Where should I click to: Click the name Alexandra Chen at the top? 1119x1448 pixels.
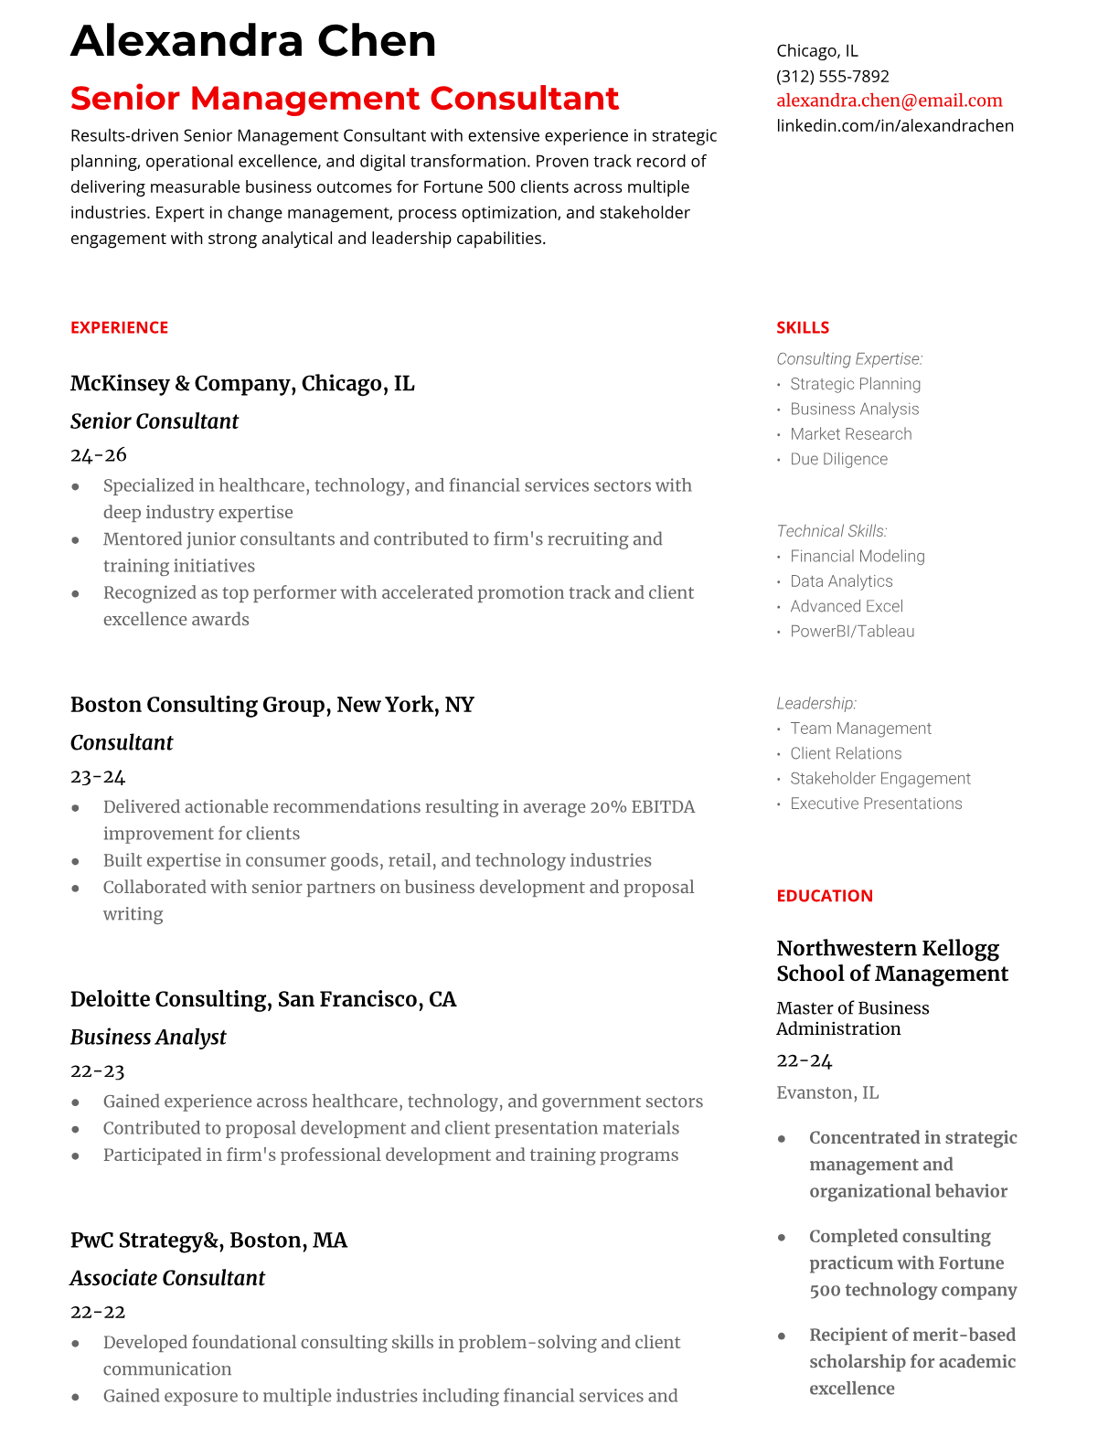(x=253, y=41)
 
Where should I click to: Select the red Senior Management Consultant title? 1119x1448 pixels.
(x=345, y=98)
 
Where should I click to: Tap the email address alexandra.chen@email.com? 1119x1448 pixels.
(x=889, y=101)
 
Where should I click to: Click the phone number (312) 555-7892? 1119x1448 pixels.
(x=832, y=76)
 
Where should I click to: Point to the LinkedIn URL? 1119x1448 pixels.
(x=894, y=125)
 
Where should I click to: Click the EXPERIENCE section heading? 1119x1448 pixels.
(x=119, y=327)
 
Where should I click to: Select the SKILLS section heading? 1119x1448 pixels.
(x=802, y=327)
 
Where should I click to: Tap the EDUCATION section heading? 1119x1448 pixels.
(x=824, y=896)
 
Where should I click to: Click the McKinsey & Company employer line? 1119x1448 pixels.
(x=242, y=383)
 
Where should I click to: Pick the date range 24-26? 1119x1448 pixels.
(x=98, y=454)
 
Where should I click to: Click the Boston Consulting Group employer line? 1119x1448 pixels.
(x=272, y=705)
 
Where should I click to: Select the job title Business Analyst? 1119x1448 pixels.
(x=148, y=1038)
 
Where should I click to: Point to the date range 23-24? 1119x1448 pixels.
(x=98, y=776)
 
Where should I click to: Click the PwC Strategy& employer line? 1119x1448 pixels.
(x=208, y=1240)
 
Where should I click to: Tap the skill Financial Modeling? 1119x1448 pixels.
(x=857, y=556)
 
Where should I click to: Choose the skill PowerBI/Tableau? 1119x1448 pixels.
(x=851, y=631)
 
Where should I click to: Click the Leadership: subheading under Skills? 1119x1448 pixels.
(x=815, y=703)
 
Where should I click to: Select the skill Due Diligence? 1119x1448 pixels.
(x=838, y=459)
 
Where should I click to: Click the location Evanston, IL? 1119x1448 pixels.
(x=826, y=1092)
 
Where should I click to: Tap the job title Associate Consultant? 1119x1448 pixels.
(x=167, y=1278)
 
